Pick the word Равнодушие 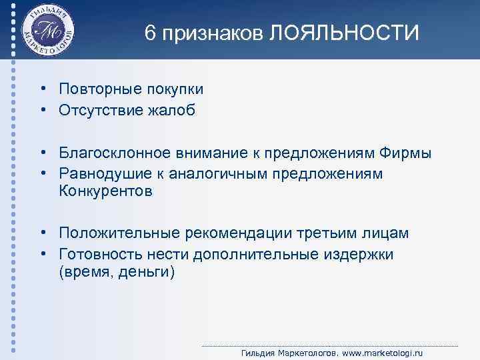pyautogui.click(x=97, y=173)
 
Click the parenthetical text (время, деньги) pyautogui.click(x=115, y=272)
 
